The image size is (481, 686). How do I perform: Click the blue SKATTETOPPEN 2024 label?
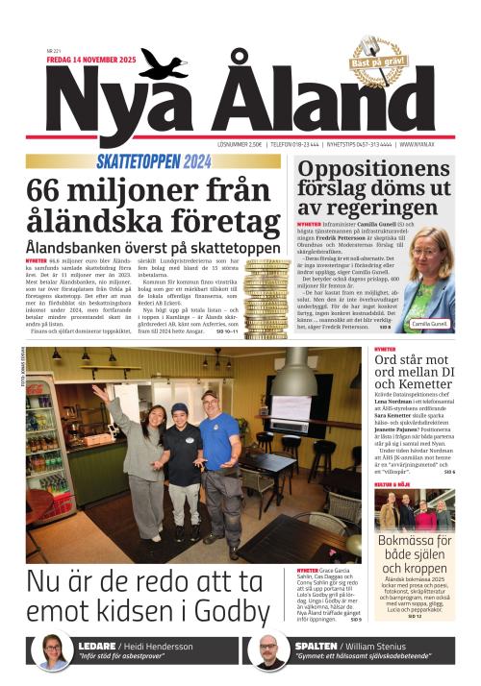[x=153, y=161]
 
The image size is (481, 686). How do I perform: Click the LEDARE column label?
[x=97, y=646]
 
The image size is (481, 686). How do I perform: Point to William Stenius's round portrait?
[x=272, y=650]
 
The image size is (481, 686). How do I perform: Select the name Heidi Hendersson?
[x=175, y=646]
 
